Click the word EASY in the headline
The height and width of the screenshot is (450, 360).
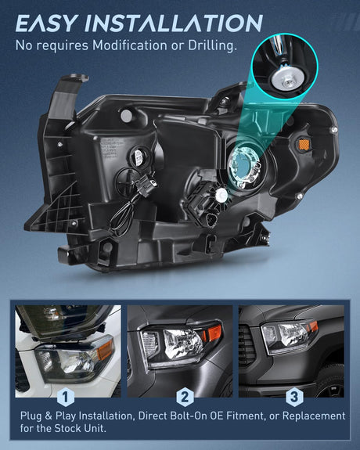47,23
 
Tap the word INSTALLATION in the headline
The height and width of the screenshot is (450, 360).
174,23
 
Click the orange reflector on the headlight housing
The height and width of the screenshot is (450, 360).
304,145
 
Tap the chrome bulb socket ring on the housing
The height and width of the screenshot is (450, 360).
245,167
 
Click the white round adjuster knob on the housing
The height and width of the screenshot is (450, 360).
222,195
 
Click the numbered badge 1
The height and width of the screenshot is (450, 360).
66,398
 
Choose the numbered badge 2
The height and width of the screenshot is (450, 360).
185,398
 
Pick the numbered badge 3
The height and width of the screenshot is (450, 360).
294,398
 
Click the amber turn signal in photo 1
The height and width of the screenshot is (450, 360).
105,350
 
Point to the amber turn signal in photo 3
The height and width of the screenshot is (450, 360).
312,327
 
